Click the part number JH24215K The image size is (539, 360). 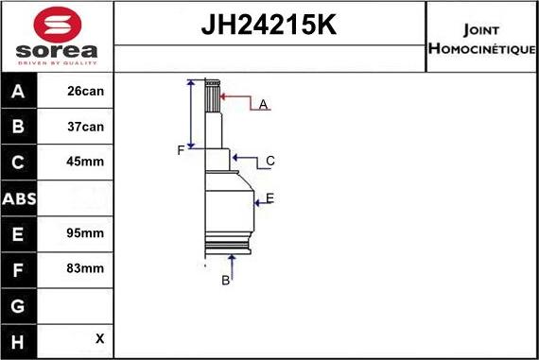pyautogui.click(x=269, y=26)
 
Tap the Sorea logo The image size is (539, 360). pyautogui.click(x=57, y=36)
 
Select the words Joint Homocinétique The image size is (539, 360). pyautogui.click(x=482, y=38)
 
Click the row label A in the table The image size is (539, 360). pyautogui.click(x=19, y=92)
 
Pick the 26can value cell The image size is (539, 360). pyautogui.click(x=85, y=92)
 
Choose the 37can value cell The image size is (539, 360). pyautogui.click(x=85, y=127)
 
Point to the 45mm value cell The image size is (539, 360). pyautogui.click(x=85, y=162)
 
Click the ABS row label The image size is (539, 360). pyautogui.click(x=19, y=197)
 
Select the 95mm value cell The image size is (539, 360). pyautogui.click(x=85, y=232)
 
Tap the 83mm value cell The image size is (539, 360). pyautogui.click(x=85, y=268)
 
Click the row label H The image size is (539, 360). pyautogui.click(x=19, y=338)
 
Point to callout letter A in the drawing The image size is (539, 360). pyautogui.click(x=264, y=104)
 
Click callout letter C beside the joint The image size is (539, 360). pyautogui.click(x=269, y=161)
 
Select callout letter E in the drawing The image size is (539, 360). pyautogui.click(x=269, y=197)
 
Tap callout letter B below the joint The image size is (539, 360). pyautogui.click(x=226, y=280)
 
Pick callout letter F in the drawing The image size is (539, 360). pyautogui.click(x=180, y=150)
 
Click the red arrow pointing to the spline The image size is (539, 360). pyautogui.click(x=236, y=96)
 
